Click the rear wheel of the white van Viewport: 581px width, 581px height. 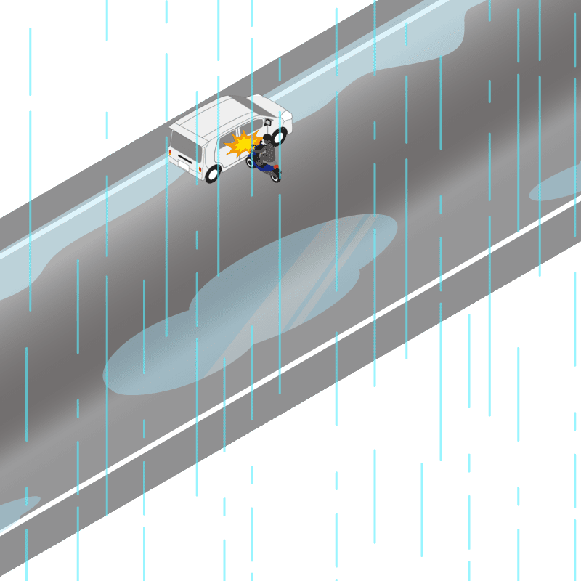coord(213,174)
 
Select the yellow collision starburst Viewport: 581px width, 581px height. coord(242,143)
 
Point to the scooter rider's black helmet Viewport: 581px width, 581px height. coord(267,138)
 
